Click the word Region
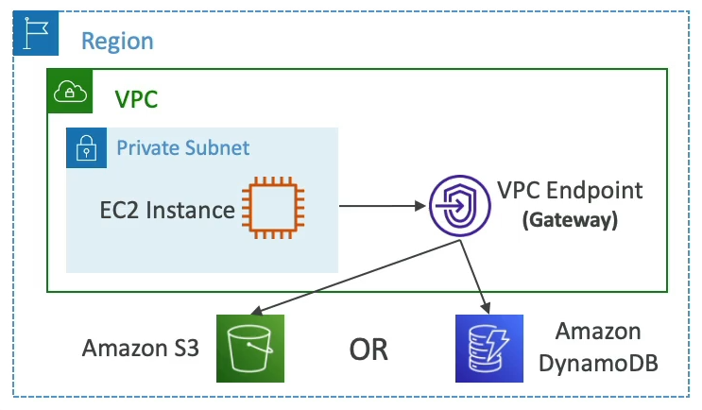117,42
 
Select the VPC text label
138,99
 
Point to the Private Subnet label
183,147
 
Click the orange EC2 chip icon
272,208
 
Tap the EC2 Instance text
167,209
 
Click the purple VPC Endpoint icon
457,205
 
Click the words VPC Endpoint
570,190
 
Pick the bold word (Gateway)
571,220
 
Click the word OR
368,350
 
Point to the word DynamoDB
599,363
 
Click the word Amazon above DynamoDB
599,332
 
